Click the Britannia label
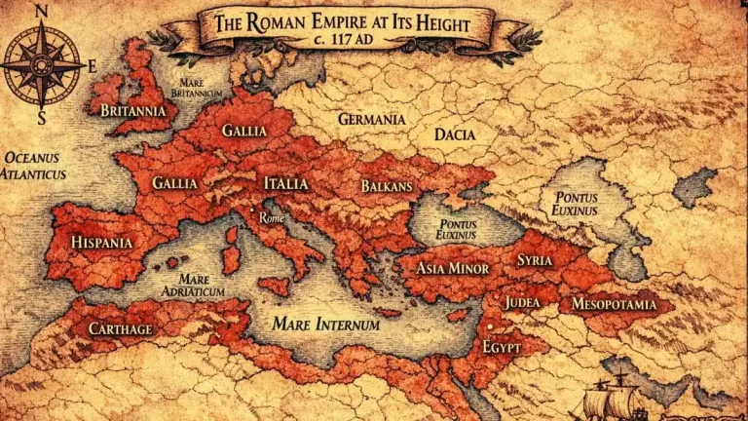coord(133,110)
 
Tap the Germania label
coord(371,119)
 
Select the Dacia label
coord(455,134)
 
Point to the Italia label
coord(285,183)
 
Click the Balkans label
coord(387,185)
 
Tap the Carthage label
coord(121,328)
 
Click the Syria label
coord(535,260)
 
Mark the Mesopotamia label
coord(621,304)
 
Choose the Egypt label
coord(502,347)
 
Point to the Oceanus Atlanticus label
coord(33,166)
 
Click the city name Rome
coord(272,217)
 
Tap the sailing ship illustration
coord(617,395)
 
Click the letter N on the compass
coord(41,11)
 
